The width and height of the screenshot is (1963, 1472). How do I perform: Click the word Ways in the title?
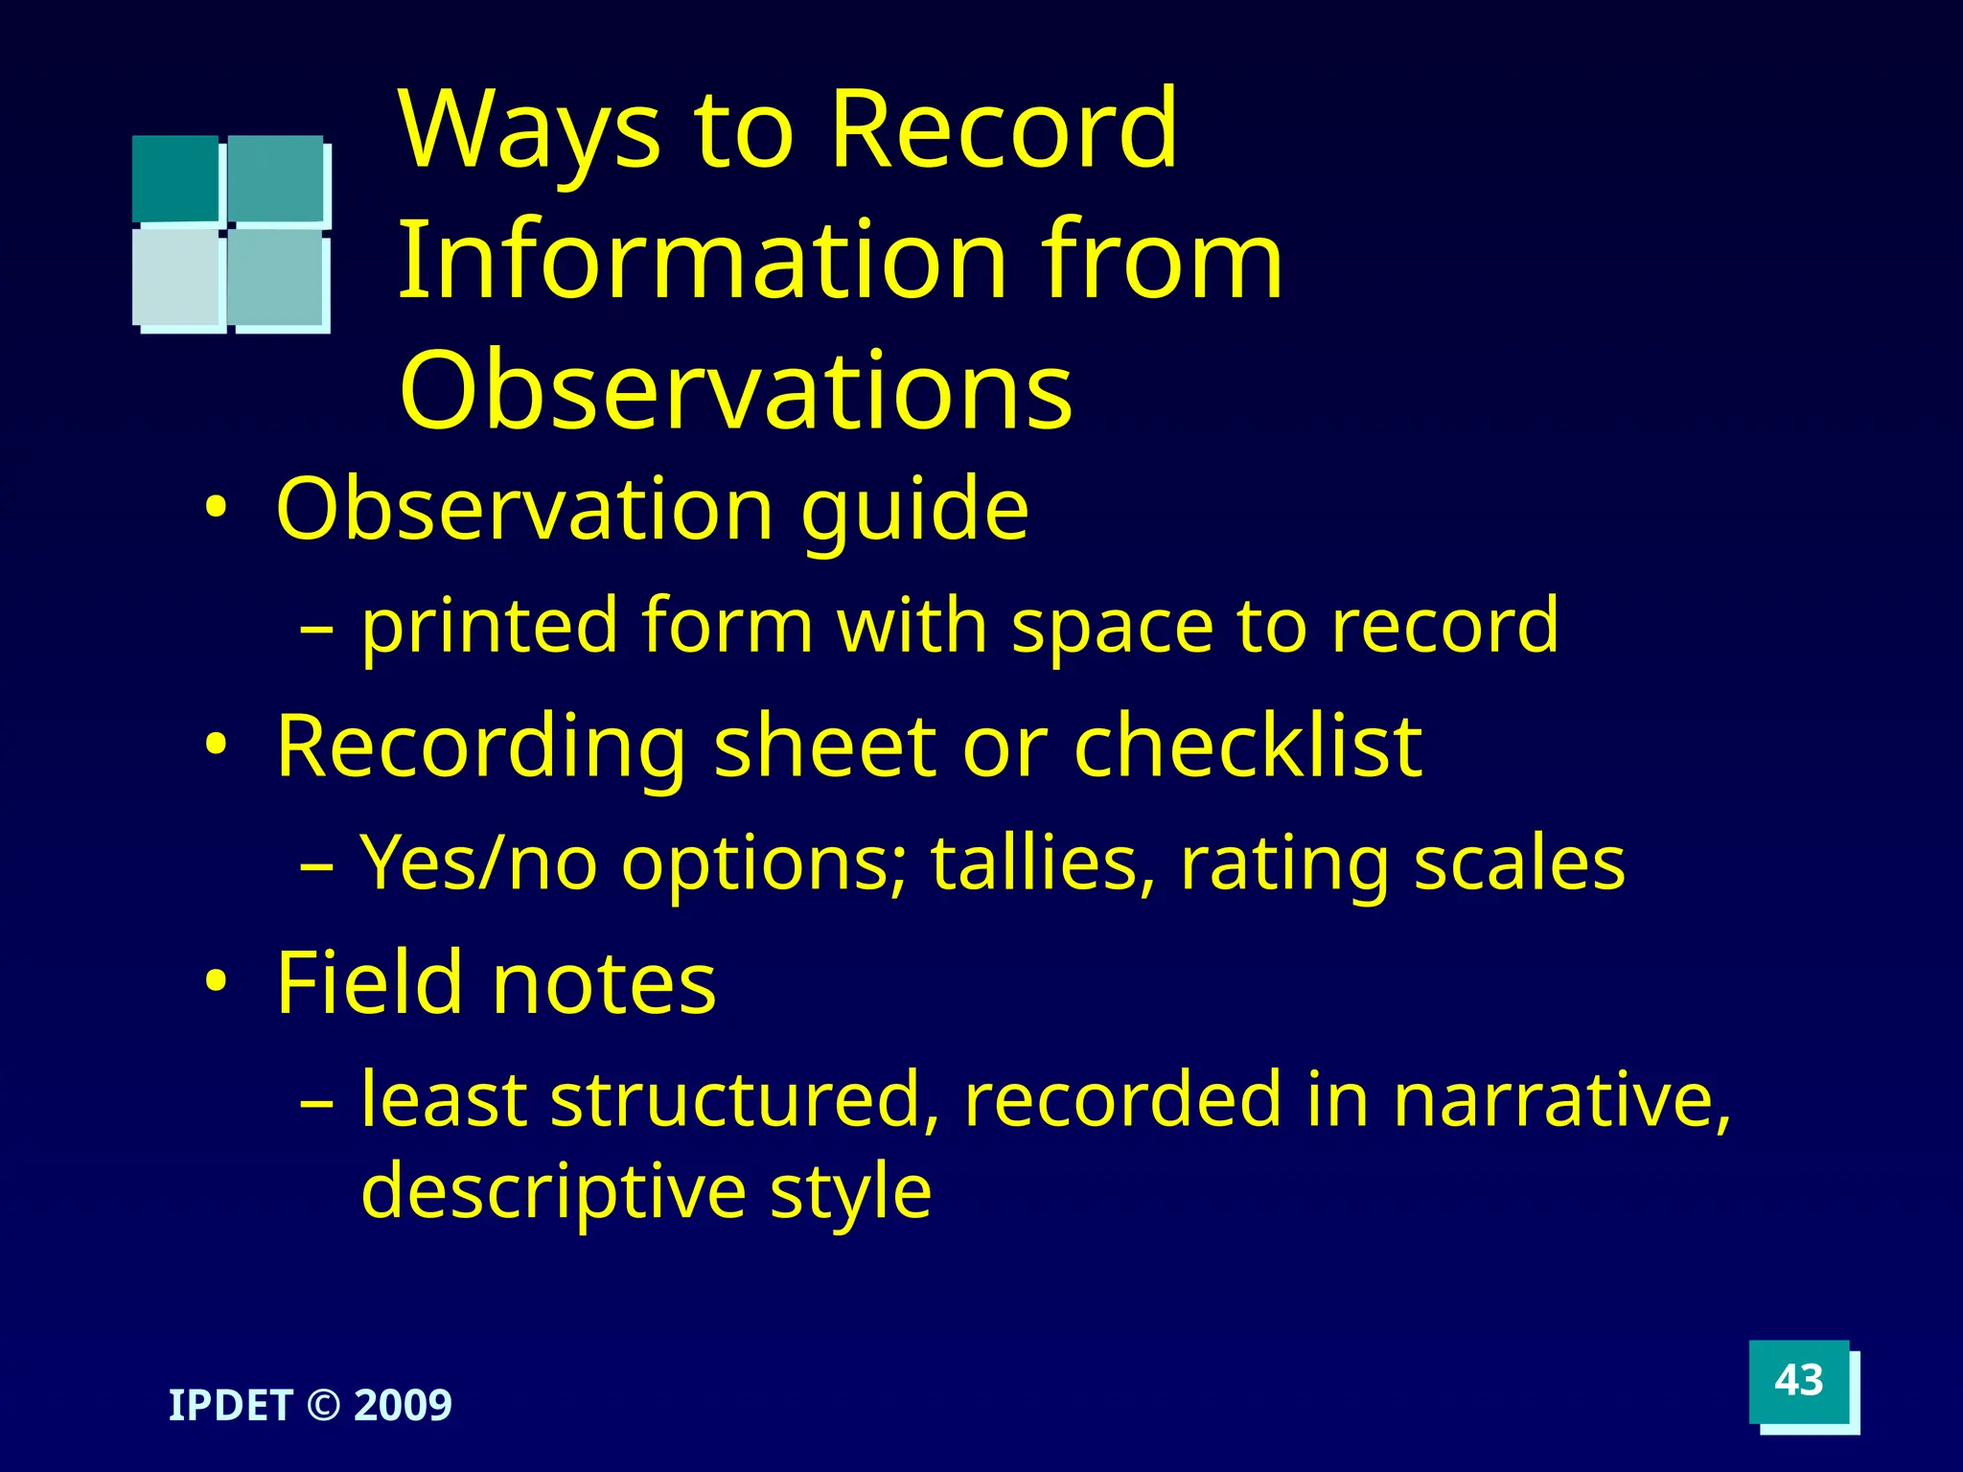[x=530, y=131]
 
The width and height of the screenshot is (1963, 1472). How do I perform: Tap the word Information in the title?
[x=700, y=261]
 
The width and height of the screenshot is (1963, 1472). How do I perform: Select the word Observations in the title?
[x=735, y=391]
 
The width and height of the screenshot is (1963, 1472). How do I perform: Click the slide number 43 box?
[x=1798, y=1381]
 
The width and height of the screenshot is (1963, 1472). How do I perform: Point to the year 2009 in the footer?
[x=403, y=1406]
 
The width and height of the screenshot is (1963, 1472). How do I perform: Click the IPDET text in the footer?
[x=230, y=1406]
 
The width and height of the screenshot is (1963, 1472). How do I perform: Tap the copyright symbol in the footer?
[x=323, y=1406]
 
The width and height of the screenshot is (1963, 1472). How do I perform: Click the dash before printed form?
[x=317, y=630]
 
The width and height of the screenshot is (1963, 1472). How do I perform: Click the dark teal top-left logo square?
[x=175, y=178]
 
